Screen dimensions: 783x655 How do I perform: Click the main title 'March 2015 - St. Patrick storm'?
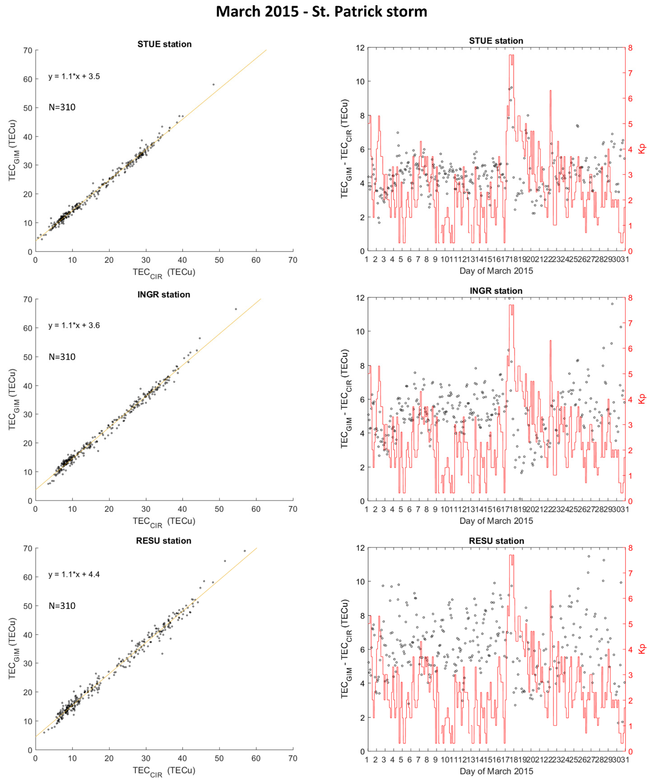click(321, 12)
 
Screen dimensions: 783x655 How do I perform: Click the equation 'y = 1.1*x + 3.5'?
click(74, 76)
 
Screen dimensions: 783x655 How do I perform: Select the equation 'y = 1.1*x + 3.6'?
click(74, 325)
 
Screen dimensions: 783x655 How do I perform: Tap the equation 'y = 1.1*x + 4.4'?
click(74, 575)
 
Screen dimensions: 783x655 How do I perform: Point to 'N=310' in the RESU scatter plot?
click(62, 606)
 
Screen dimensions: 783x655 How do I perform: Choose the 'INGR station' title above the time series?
click(496, 291)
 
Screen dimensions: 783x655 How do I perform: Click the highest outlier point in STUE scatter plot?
click(214, 85)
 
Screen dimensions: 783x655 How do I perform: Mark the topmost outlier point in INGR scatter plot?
click(236, 309)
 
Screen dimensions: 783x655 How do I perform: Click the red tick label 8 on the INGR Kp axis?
click(630, 298)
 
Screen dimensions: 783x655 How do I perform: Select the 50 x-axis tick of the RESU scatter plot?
click(219, 758)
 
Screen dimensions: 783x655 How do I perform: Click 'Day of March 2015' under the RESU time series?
click(496, 771)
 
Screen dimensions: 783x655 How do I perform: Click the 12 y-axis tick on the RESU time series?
click(360, 548)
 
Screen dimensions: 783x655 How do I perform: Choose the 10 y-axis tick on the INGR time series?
click(360, 331)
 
